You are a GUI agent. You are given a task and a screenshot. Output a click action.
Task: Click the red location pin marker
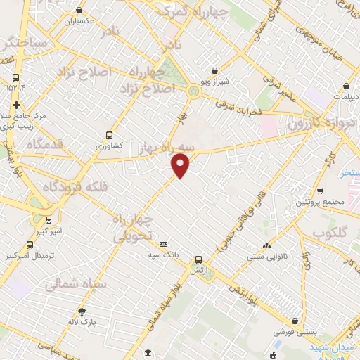[x=181, y=165]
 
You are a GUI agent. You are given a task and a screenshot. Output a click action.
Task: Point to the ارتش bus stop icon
[x=199, y=259]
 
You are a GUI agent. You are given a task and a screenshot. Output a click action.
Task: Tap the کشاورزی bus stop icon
[x=109, y=134]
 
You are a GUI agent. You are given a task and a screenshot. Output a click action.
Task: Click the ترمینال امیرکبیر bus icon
[x=30, y=245]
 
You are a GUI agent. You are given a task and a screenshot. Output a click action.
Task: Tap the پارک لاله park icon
[x=82, y=311]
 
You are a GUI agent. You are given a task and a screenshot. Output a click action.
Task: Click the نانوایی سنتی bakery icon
[x=266, y=245]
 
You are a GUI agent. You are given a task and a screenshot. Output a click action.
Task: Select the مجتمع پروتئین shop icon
[x=320, y=191]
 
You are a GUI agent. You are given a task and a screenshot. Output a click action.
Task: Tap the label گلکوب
[x=331, y=233]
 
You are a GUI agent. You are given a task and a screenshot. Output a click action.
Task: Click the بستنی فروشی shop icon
[x=282, y=328]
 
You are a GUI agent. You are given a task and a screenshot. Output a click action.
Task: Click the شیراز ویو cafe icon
[x=214, y=70]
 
